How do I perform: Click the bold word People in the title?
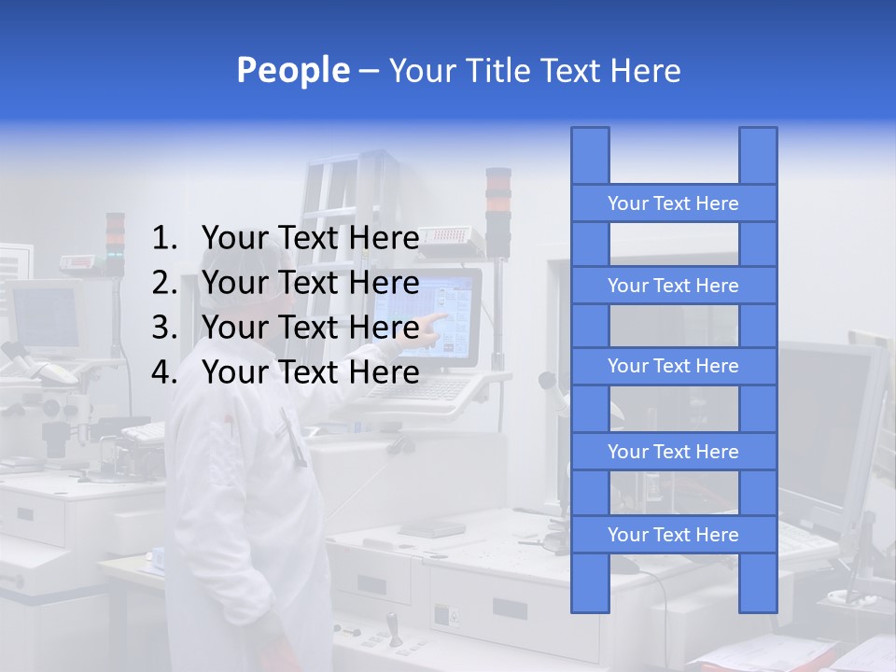(292, 70)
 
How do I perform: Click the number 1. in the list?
(164, 239)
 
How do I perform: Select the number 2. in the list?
(164, 283)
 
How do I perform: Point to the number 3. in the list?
(164, 328)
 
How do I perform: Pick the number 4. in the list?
(164, 372)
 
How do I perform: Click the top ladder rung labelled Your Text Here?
(673, 203)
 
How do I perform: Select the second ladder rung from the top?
(673, 286)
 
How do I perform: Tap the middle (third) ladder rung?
(673, 366)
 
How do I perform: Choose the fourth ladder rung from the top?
(673, 452)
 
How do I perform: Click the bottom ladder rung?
(673, 535)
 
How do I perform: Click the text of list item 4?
(310, 372)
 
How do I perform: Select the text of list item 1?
(310, 239)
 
